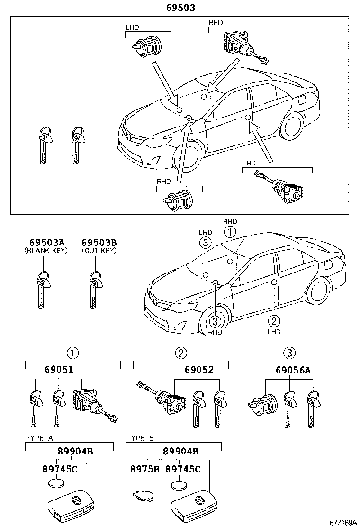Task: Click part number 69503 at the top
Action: (x=180, y=8)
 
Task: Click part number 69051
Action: (x=59, y=370)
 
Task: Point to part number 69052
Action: (x=199, y=370)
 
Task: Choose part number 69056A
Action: (x=294, y=370)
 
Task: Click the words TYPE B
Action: (x=140, y=438)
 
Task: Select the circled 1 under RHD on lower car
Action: (x=230, y=232)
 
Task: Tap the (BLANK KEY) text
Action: (x=45, y=251)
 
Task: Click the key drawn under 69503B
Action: (x=95, y=289)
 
